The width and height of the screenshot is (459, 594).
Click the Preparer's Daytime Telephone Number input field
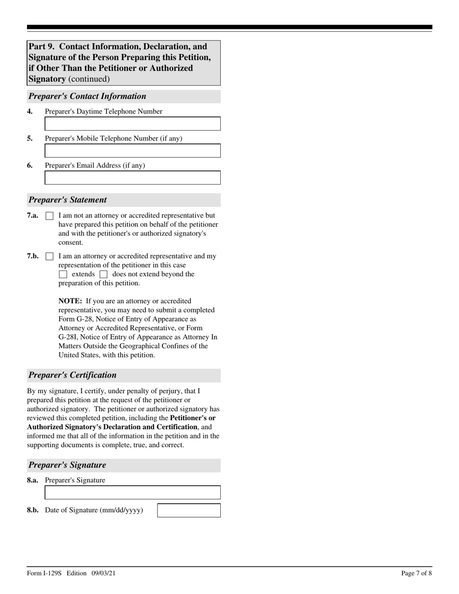[132, 124]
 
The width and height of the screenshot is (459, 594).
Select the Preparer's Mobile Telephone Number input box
[132, 151]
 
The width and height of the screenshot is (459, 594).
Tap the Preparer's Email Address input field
[132, 178]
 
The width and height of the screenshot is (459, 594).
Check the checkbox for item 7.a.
[49, 216]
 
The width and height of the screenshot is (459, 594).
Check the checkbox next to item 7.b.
[49, 256]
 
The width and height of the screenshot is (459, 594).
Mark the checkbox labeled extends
[63, 274]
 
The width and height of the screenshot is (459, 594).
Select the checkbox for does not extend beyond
[103, 274]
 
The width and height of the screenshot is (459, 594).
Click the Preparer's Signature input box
[132, 493]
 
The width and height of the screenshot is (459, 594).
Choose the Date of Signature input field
[189, 510]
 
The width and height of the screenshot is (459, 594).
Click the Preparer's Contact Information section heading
[87, 96]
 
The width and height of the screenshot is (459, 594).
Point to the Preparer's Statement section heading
[68, 200]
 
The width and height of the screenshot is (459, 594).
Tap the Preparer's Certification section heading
[72, 375]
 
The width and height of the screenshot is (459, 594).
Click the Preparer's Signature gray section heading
[67, 465]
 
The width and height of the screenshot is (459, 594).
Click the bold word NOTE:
[70, 301]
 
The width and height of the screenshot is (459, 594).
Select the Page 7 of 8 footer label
[416, 573]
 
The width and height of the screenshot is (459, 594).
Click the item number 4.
[30, 112]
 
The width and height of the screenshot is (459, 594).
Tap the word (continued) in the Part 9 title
[89, 79]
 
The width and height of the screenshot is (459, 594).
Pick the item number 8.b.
[33, 510]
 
